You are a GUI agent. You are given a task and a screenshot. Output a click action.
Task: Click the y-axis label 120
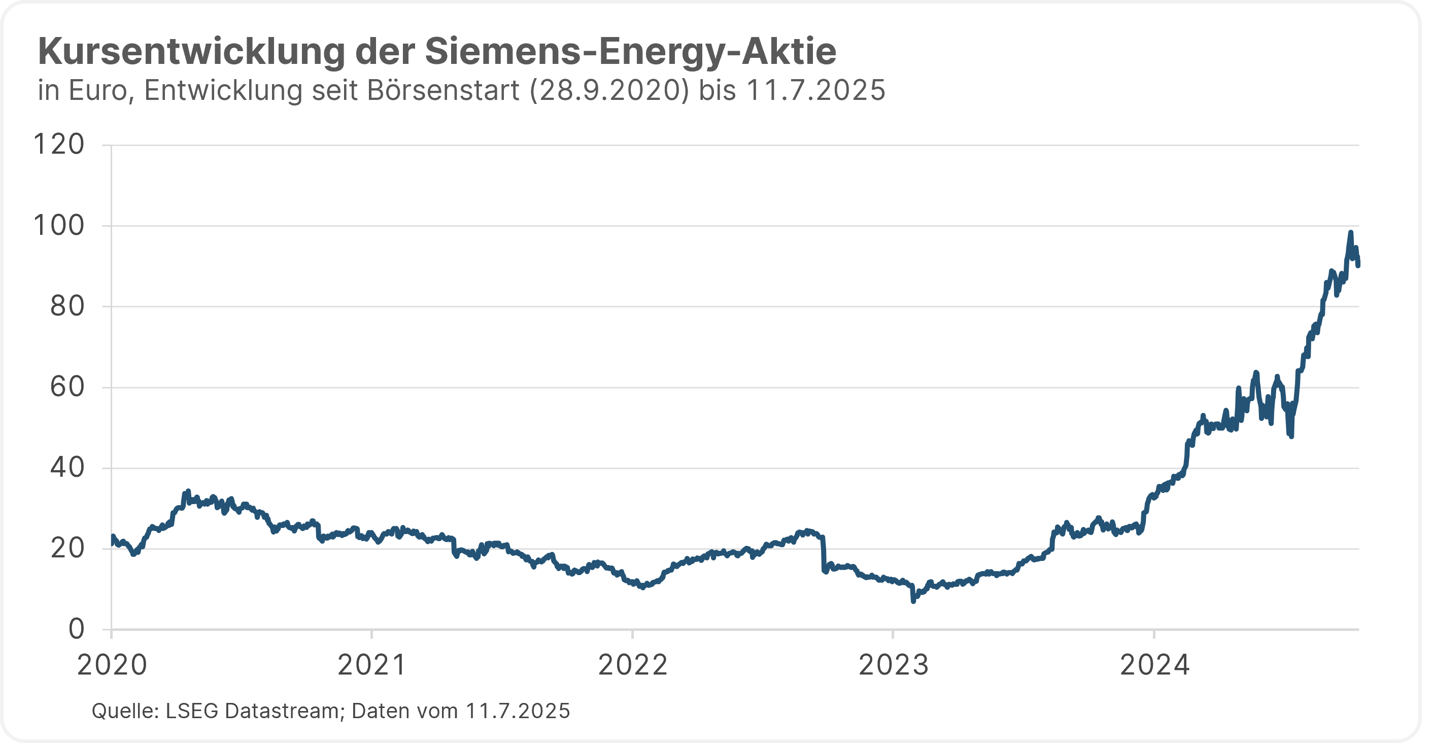tap(59, 145)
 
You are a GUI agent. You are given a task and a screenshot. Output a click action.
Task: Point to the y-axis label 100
tap(59, 226)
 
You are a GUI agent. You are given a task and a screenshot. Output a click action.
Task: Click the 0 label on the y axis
tap(76, 629)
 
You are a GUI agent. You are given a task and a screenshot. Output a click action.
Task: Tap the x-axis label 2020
tap(112, 665)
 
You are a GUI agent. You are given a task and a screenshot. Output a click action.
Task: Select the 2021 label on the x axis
tap(372, 665)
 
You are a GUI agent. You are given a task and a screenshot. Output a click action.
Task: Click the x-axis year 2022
tap(633, 665)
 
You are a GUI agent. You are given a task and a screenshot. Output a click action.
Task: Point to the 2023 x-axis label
tap(893, 665)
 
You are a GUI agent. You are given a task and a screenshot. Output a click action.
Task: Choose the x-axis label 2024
tap(1154, 665)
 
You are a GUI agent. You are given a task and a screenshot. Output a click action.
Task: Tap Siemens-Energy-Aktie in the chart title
tap(630, 52)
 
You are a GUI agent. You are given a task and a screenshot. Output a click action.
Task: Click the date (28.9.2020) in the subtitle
tap(609, 91)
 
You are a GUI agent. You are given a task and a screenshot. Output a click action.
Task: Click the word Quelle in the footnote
tap(125, 711)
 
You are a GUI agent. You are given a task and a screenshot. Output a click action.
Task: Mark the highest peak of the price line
tap(1351, 232)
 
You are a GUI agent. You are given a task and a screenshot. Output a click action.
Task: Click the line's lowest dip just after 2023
tap(913, 600)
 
